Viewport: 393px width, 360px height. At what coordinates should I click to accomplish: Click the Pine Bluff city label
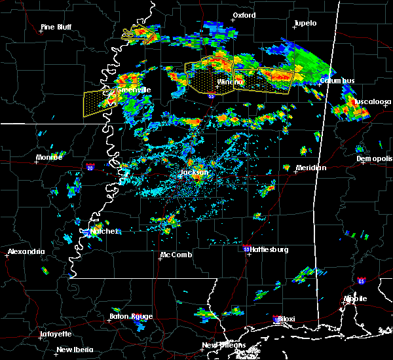coord(56,27)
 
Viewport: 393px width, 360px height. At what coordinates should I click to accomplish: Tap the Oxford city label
coord(244,15)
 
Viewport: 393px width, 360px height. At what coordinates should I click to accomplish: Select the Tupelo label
coord(305,24)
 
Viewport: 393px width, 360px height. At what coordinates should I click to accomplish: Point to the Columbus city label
coord(337,81)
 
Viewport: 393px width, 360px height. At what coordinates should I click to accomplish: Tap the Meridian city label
coord(311,168)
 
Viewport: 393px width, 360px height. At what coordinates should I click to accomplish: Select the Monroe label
coord(49,158)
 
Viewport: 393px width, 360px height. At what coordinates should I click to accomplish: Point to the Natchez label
coord(104,231)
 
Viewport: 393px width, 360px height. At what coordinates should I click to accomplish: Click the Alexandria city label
coord(26,252)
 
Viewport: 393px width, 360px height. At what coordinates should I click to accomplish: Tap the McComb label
coord(176,255)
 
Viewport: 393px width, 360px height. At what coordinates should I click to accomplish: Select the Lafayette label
coord(56,334)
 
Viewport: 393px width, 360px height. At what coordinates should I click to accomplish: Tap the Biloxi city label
coord(286,319)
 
